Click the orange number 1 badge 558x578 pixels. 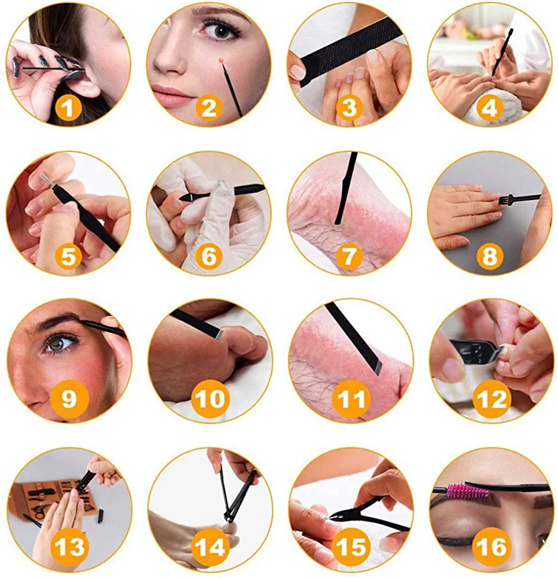coord(68,108)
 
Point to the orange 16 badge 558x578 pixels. coord(492,546)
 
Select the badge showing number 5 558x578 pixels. coord(68,256)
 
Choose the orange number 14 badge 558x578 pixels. coord(209,546)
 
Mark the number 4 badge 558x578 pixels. coord(489,108)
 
